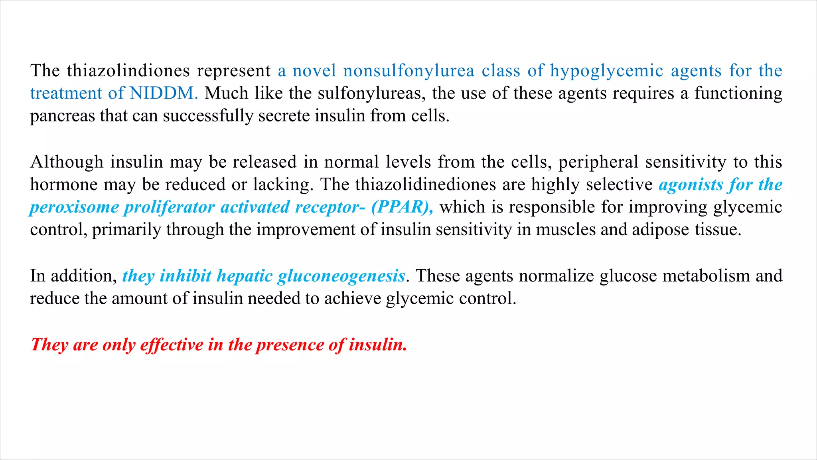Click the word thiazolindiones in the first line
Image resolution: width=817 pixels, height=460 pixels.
pyautogui.click(x=128, y=71)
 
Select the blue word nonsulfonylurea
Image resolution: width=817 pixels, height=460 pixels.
pyautogui.click(x=408, y=71)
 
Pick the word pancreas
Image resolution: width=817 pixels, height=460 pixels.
pyautogui.click(x=62, y=116)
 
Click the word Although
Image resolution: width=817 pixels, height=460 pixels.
pyautogui.click(x=67, y=162)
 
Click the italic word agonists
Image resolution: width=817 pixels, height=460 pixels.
pyautogui.click(x=691, y=185)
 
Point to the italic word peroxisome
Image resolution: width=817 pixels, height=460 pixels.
pyautogui.click(x=74, y=207)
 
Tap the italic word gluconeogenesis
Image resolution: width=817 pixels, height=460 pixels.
pyautogui.click(x=341, y=276)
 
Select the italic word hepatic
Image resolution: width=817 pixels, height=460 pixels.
pyautogui.click(x=244, y=276)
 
